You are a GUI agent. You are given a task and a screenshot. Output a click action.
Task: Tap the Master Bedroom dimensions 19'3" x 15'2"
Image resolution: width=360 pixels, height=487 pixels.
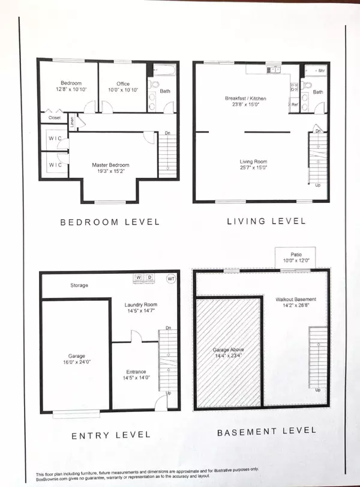click(110, 172)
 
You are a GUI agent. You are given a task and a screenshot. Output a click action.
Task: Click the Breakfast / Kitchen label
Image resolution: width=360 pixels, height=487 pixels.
click(245, 98)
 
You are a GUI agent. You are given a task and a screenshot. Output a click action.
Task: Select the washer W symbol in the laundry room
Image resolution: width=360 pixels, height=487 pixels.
click(138, 277)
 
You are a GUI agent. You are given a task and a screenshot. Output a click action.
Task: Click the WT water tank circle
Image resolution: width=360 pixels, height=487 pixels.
click(170, 278)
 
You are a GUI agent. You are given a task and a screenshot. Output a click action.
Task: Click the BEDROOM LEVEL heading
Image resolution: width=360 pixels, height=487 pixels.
click(110, 222)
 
